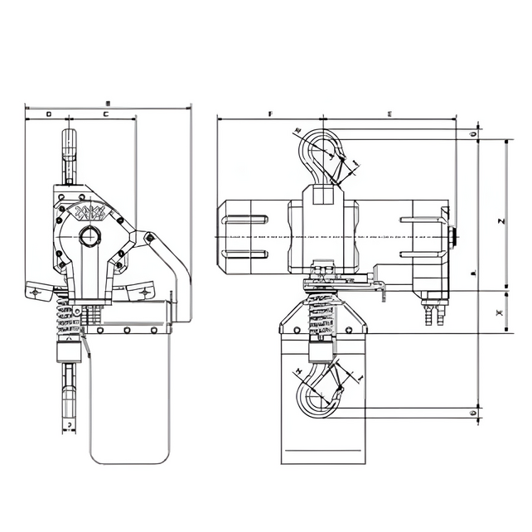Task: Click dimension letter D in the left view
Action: [x=48, y=113]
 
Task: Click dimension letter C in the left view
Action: [x=105, y=113]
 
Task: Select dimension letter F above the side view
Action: [x=270, y=112]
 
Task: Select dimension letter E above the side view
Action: [x=389, y=112]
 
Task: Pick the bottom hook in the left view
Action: [x=70, y=389]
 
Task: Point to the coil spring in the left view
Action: [x=69, y=316]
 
